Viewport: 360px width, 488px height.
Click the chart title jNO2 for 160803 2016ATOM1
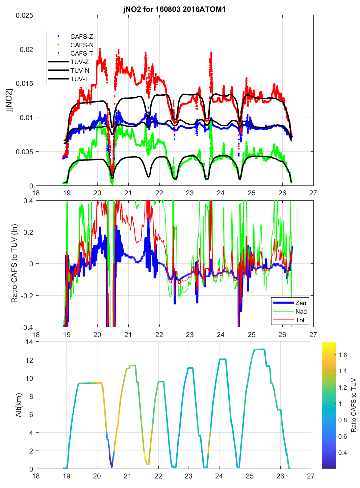pyautogui.click(x=174, y=9)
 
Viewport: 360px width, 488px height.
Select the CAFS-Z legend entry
pyautogui.click(x=82, y=37)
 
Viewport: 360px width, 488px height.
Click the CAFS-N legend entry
pyautogui.click(x=82, y=45)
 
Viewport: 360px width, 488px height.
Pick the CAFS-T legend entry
pyautogui.click(x=82, y=53)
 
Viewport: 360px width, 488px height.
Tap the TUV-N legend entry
pyautogui.click(x=80, y=70)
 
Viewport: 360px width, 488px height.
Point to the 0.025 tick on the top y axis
pyautogui.click(x=24, y=15)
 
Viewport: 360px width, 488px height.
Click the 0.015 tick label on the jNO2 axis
pyautogui.click(x=24, y=84)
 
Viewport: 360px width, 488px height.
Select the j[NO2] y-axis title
pyautogui.click(x=10, y=100)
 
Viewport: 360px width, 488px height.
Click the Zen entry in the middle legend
pyautogui.click(x=300, y=303)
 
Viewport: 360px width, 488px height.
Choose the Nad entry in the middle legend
pyautogui.click(x=301, y=311)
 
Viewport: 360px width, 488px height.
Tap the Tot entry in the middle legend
pyautogui.click(x=300, y=320)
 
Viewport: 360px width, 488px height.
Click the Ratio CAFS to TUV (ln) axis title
pyautogui.click(x=14, y=263)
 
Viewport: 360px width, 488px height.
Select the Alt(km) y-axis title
pyautogui.click(x=18, y=405)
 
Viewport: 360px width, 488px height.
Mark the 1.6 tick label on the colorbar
pyautogui.click(x=343, y=355)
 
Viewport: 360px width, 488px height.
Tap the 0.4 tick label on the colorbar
pyautogui.click(x=343, y=452)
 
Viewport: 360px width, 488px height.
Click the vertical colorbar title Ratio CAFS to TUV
pyautogui.click(x=353, y=405)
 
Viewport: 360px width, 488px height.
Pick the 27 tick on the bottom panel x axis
pyautogui.click(x=311, y=476)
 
